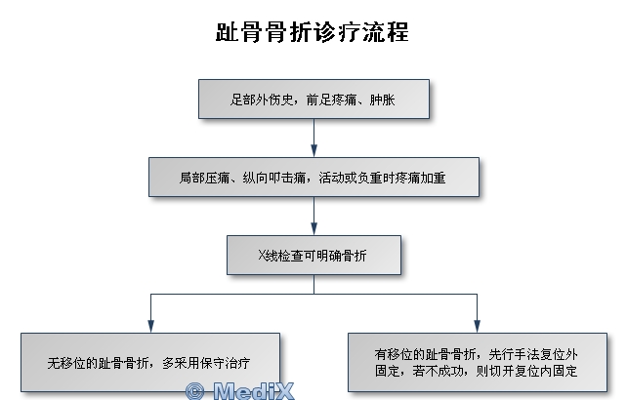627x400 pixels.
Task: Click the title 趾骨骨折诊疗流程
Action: (313, 31)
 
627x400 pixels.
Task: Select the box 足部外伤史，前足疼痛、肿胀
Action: (313, 99)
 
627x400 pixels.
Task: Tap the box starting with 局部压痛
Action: (313, 177)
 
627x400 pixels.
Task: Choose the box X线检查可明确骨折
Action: (313, 255)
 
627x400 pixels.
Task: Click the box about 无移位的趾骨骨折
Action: (150, 362)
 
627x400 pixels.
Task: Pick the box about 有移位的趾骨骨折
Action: (478, 362)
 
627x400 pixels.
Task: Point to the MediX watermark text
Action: (254, 391)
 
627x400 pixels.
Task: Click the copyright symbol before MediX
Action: (195, 391)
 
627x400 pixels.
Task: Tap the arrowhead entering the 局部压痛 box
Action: (313, 151)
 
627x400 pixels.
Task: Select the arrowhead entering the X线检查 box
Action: (313, 229)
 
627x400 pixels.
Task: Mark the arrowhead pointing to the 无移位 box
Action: (150, 327)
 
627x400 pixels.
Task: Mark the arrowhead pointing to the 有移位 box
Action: (477, 327)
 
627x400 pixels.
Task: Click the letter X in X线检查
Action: (263, 255)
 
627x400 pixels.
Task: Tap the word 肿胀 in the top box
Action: (382, 100)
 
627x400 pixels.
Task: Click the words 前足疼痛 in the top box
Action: (331, 100)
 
